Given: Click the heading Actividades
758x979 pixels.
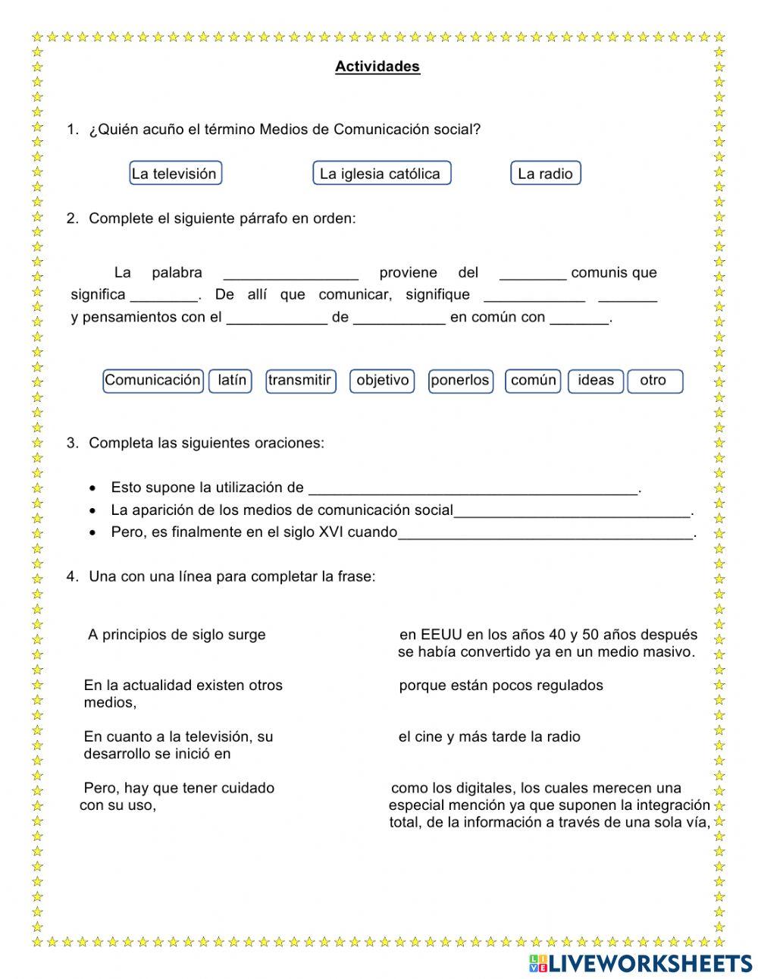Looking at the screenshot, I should click(377, 67).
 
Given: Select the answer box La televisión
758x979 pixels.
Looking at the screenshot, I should click(175, 173).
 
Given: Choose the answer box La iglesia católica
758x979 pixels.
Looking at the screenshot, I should click(381, 173).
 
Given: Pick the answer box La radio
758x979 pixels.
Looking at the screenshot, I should click(545, 173).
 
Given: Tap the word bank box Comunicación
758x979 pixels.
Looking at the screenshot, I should click(152, 381).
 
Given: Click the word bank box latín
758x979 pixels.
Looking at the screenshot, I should click(231, 381).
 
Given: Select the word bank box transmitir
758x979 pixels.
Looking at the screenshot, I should click(300, 381).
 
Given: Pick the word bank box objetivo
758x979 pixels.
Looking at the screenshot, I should click(382, 381).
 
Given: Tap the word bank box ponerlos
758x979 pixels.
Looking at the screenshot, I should click(460, 381).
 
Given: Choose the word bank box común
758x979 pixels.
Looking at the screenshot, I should click(533, 381).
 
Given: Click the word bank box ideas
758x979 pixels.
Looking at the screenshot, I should click(596, 381).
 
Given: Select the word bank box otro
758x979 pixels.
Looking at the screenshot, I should click(654, 381).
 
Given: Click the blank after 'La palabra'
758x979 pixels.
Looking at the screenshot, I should click(291, 275).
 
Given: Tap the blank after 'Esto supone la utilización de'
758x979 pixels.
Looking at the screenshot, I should click(474, 489).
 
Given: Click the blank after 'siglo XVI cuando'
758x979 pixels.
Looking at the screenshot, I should click(545, 534).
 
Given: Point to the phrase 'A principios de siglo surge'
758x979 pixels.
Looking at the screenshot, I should click(177, 635).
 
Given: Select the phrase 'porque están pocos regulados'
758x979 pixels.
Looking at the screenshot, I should click(501, 686).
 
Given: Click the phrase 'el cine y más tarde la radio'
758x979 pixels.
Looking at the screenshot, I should click(490, 736).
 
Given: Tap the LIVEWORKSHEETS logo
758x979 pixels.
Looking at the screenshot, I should click(641, 963).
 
